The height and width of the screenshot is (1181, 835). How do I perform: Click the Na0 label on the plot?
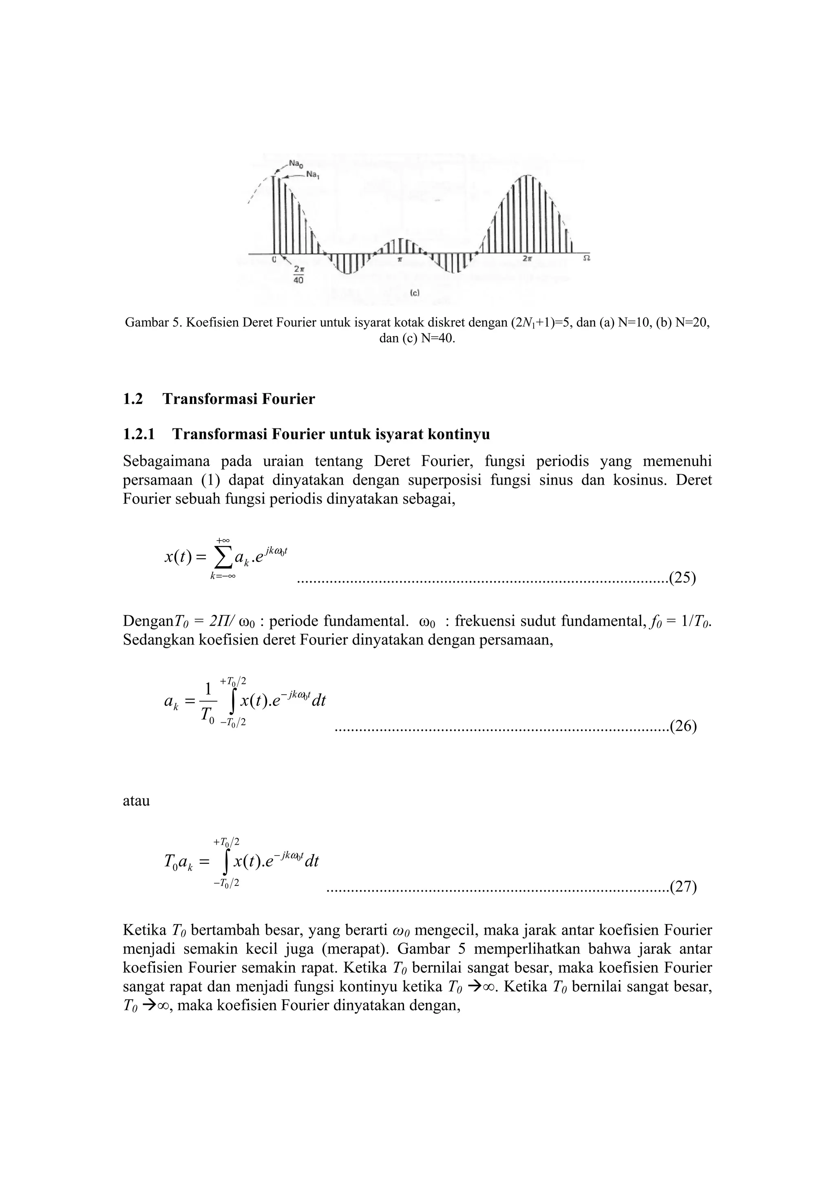[295, 163]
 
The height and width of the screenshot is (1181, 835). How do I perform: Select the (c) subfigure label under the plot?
[415, 293]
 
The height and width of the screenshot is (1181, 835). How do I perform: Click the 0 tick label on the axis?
[274, 260]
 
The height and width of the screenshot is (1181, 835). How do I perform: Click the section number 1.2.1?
[139, 435]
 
